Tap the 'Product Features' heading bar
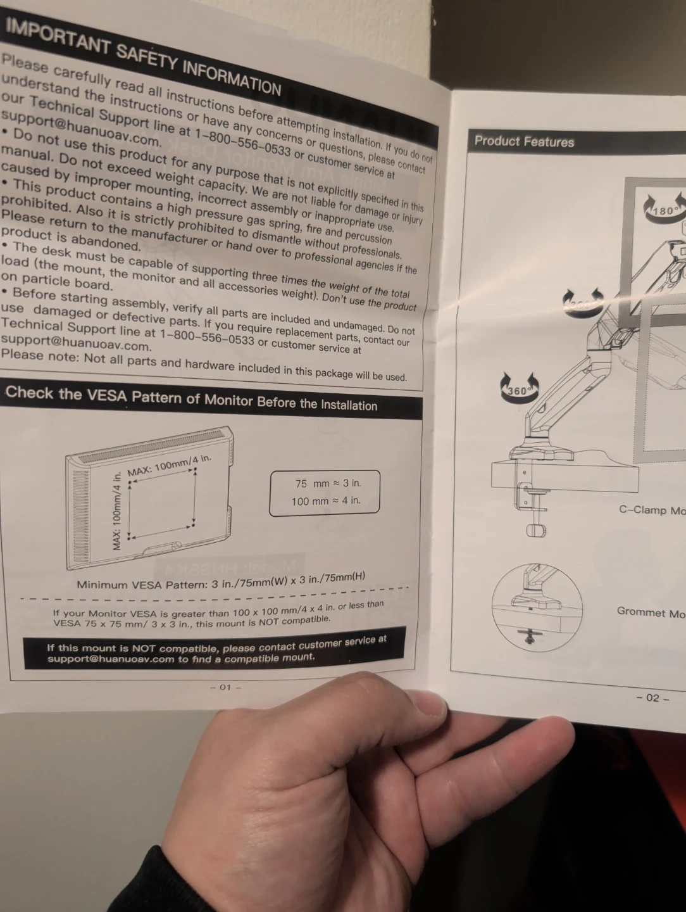click(524, 141)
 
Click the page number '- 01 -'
click(226, 687)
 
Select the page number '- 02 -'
click(652, 698)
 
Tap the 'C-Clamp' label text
click(651, 510)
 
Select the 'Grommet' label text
click(650, 612)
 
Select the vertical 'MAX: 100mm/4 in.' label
click(116, 512)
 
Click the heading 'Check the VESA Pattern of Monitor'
click(191, 398)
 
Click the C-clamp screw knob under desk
click(535, 529)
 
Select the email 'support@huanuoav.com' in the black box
click(111, 659)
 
